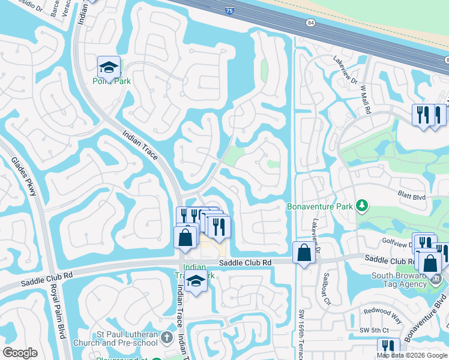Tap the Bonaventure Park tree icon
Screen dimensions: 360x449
361,206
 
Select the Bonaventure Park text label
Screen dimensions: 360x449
320,206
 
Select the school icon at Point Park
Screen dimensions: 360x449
109,67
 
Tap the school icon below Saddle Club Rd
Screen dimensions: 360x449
196,280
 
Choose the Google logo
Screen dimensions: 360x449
20,353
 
